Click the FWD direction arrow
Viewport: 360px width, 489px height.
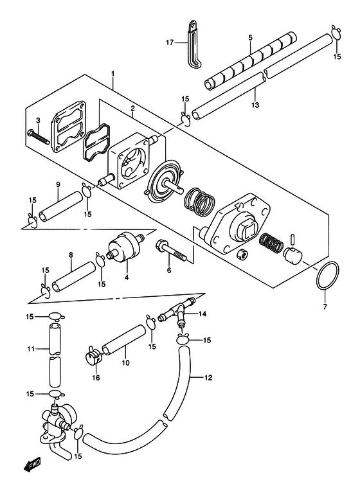(32, 466)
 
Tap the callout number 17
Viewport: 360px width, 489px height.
(170, 42)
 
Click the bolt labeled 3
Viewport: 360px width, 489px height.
(39, 137)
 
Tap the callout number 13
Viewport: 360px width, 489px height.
(255, 105)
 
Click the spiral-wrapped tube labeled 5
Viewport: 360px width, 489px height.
(251, 60)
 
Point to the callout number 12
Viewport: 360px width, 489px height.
(208, 377)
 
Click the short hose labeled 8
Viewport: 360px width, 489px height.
(74, 276)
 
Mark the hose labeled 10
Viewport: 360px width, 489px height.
(124, 340)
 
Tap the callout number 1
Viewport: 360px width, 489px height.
(113, 74)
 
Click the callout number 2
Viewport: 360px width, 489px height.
(132, 109)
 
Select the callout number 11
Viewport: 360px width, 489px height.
(31, 349)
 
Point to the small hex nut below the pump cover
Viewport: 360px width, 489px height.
(242, 254)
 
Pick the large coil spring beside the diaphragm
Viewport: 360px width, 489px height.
(200, 202)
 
